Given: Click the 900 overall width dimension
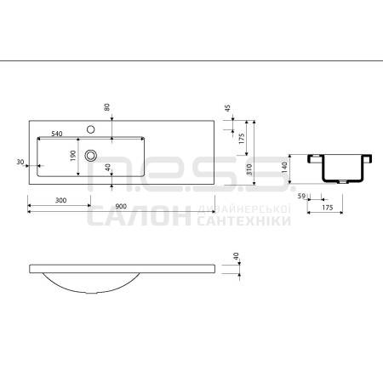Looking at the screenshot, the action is pos(121,206).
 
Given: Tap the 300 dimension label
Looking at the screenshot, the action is pos(60,200).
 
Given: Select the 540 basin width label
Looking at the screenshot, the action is pos(57,134).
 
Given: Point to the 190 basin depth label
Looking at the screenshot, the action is pos(73,156).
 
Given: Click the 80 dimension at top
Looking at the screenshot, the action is pos(107,107).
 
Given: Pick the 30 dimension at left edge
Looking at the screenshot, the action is pos(20,162).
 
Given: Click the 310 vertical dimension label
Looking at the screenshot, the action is pos(249,169).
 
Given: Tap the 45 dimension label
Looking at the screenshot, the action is pos(227,108).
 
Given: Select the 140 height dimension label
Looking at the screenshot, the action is pos(285,168).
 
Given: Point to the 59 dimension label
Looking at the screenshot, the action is pos(301,196).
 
